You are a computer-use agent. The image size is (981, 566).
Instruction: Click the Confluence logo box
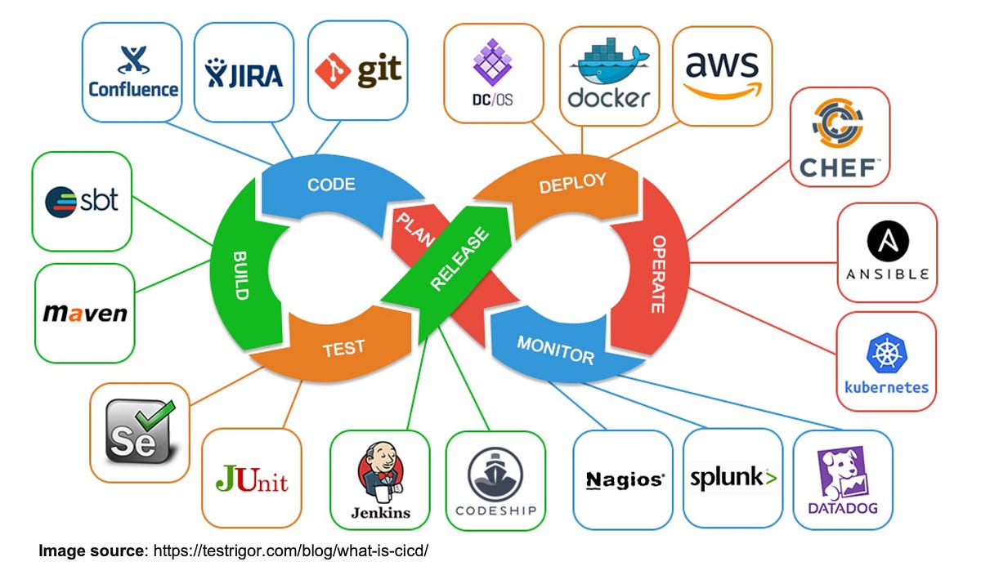tap(132, 72)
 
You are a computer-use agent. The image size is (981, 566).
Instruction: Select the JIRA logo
tap(244, 72)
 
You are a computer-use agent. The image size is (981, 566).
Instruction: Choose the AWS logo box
tap(722, 75)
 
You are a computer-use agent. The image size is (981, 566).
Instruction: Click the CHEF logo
tap(840, 137)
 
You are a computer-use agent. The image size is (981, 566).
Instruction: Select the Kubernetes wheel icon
tap(886, 353)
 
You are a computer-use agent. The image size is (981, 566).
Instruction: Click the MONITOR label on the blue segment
tap(555, 349)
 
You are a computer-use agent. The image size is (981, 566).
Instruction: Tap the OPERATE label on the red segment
tap(658, 274)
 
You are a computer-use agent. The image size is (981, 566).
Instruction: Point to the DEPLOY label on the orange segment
tap(572, 183)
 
